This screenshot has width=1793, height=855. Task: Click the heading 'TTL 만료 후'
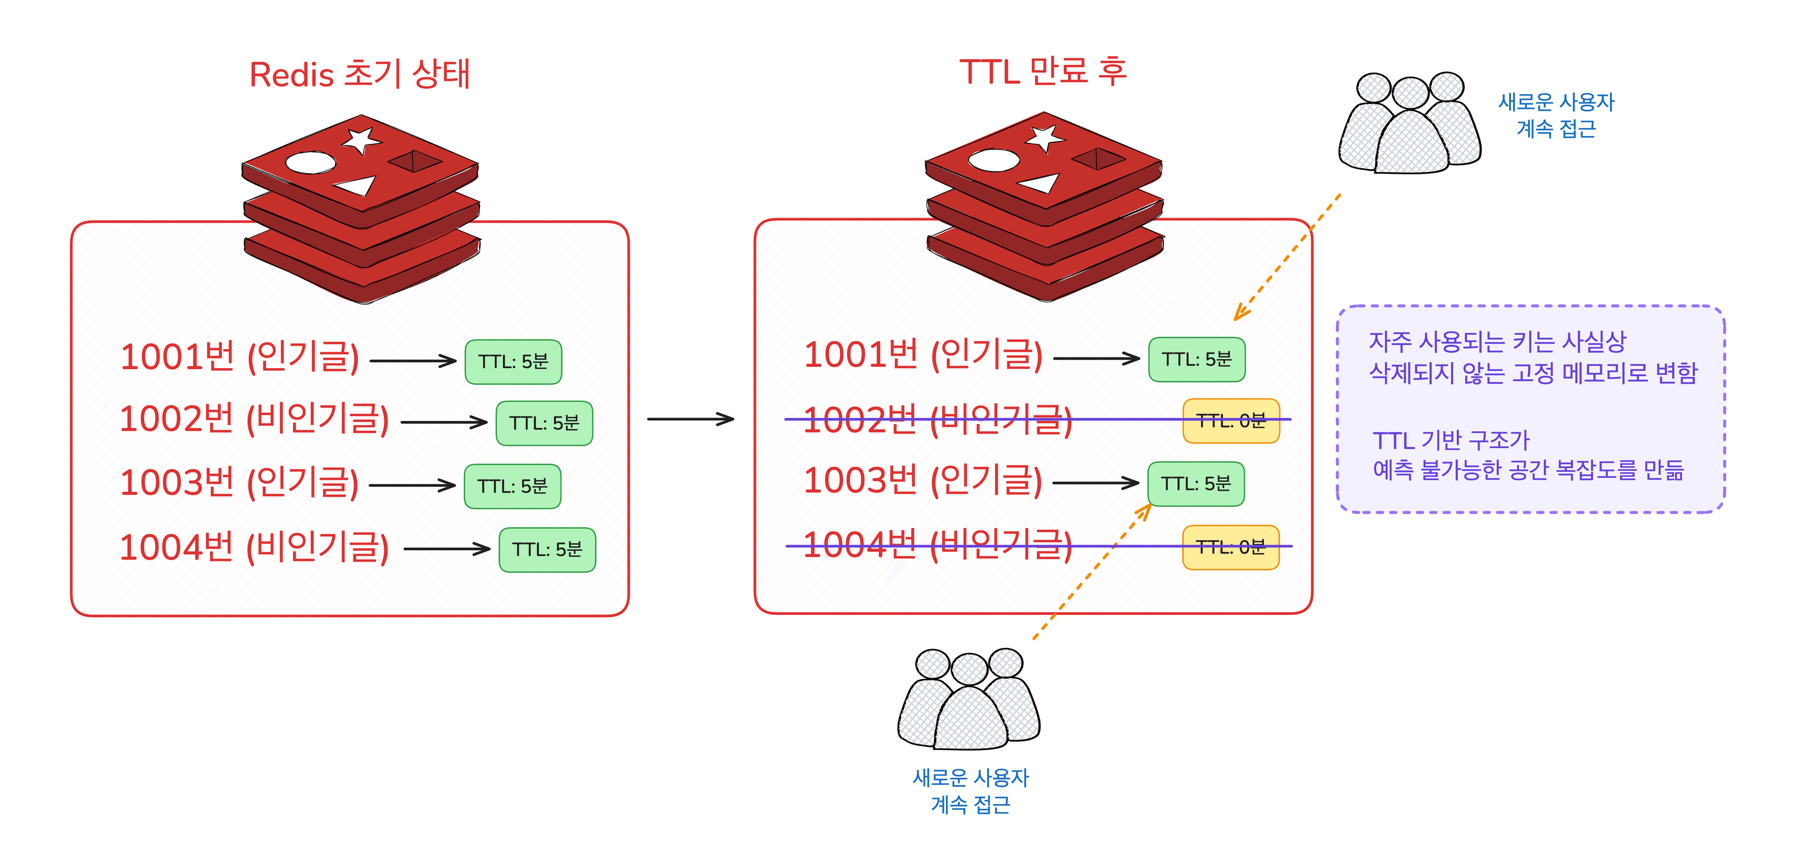(x=1043, y=71)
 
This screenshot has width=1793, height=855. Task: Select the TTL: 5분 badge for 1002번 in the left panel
(x=544, y=423)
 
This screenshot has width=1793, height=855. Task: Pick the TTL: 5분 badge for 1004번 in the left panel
(x=547, y=549)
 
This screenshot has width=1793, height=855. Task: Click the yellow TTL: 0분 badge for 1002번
(x=1231, y=420)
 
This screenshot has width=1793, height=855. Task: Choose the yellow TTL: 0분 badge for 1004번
(x=1231, y=547)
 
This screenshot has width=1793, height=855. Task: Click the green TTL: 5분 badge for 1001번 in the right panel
(x=1196, y=359)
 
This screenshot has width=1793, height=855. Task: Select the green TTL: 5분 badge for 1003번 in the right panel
(x=1196, y=483)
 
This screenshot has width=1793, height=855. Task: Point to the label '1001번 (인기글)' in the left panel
(x=240, y=357)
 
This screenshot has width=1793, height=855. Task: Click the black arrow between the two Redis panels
(x=691, y=419)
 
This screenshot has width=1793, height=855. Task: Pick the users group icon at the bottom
(x=969, y=700)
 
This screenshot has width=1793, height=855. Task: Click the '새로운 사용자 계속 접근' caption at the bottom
(x=970, y=791)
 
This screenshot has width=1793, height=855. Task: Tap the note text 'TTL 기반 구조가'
(x=1451, y=440)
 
